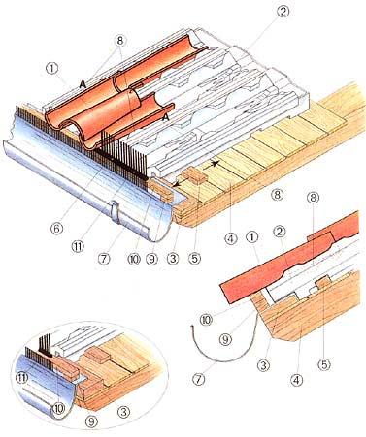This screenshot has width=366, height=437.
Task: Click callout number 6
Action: pos(56,229)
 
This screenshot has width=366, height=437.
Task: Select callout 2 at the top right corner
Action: pos(283,12)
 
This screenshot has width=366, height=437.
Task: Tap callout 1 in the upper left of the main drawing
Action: pos(51,69)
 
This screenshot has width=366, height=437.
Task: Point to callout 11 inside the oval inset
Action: pos(22,378)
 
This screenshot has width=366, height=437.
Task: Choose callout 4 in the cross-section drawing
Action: pos(296,380)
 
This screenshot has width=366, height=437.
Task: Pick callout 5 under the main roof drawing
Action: pos(194,258)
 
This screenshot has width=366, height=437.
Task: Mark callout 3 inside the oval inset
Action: pos(123,411)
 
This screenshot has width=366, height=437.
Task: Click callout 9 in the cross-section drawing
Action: pos(225,339)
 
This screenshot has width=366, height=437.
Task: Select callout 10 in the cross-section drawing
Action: pos(206,320)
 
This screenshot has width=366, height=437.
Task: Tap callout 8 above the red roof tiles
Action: pos(120,41)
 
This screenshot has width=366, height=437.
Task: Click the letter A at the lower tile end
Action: pos(166,118)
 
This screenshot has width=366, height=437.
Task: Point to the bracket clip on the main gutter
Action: pos(116,211)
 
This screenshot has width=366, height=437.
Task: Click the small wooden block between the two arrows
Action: pos(194,176)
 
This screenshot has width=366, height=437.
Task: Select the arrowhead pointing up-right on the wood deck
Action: pos(214,163)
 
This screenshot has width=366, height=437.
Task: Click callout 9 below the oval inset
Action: pos(91,421)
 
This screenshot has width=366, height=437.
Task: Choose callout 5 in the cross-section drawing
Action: pos(324,364)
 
